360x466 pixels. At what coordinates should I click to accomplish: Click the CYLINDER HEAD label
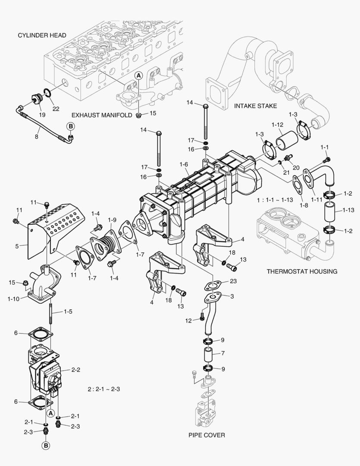42,35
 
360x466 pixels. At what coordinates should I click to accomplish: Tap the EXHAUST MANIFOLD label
101,115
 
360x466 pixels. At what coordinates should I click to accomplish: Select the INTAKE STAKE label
255,106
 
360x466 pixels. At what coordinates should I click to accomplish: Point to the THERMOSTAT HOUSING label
302,271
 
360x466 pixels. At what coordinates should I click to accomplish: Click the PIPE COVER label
207,435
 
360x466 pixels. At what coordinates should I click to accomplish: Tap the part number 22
56,109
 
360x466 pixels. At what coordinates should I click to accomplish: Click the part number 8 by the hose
36,136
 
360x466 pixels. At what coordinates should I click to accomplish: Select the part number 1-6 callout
184,165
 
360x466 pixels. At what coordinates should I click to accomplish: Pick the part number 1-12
277,126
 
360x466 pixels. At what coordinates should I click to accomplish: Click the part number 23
233,281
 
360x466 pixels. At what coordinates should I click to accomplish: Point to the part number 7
223,353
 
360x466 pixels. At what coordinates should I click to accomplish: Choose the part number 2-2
76,369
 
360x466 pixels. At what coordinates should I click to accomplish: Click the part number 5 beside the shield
17,246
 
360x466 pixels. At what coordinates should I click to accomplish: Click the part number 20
295,167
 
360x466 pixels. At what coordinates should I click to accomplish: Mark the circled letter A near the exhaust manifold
139,75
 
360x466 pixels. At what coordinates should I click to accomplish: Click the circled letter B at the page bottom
46,445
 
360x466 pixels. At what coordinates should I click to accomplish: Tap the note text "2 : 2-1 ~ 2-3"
103,389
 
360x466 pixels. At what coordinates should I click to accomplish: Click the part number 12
188,320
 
